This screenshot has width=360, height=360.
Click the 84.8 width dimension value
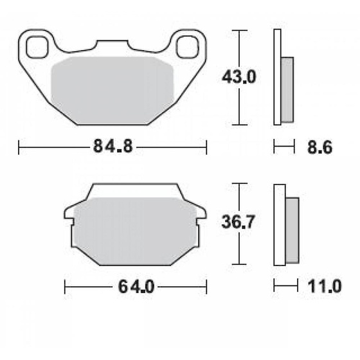pos(113,147)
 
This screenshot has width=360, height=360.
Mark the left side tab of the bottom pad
pos(67,215)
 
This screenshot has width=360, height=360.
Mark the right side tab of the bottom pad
pos(202,215)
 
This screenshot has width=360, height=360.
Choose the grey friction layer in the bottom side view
pos(292,230)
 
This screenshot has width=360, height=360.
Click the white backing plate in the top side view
pos(277,77)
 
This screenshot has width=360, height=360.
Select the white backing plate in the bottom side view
pos(279,224)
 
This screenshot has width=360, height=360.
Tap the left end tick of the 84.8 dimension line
pos(19,147)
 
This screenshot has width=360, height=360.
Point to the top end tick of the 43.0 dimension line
pos(239,30)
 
